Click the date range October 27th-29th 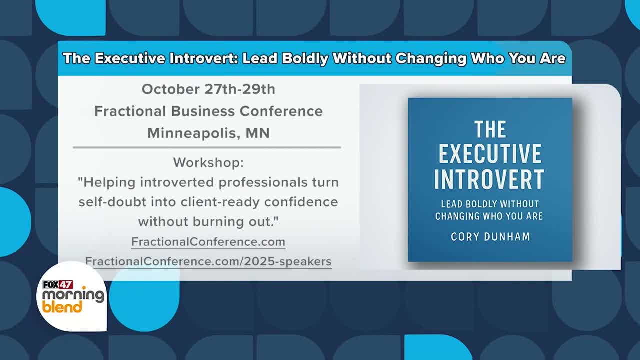click(x=208, y=89)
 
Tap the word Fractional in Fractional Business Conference click(x=130, y=111)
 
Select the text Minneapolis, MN click(x=208, y=133)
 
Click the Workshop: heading click(x=208, y=163)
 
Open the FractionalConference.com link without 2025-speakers click(x=208, y=242)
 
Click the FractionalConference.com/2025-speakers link click(x=208, y=261)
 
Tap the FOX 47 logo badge click(x=58, y=285)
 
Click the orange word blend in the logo click(x=62, y=307)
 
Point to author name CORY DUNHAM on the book click(x=490, y=237)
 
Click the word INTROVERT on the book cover click(x=489, y=179)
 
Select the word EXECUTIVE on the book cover click(x=490, y=153)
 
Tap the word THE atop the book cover click(x=490, y=129)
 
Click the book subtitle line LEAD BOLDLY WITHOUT click(x=490, y=204)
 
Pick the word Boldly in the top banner click(x=305, y=58)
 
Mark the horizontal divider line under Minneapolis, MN click(x=207, y=147)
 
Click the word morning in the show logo click(x=73, y=295)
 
